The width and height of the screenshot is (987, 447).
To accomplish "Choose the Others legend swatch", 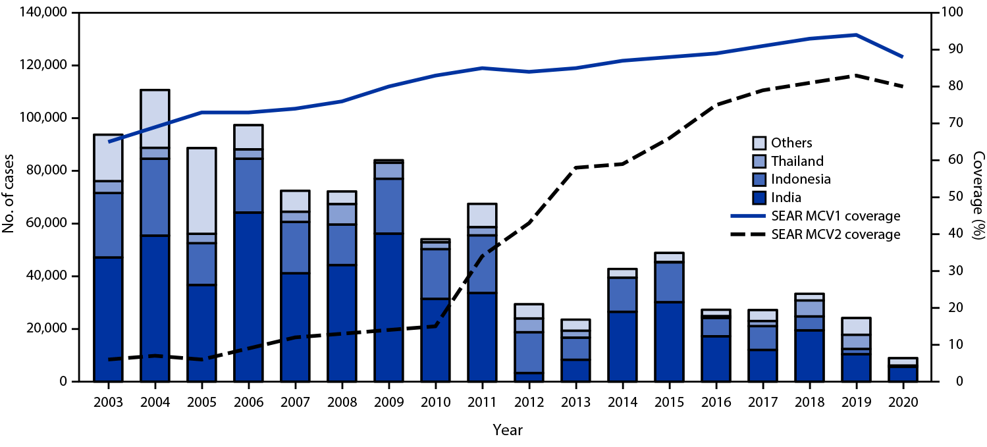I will (759, 143).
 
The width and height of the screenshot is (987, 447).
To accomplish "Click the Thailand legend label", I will (798, 161).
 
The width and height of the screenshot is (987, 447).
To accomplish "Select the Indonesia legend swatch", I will (759, 179).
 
